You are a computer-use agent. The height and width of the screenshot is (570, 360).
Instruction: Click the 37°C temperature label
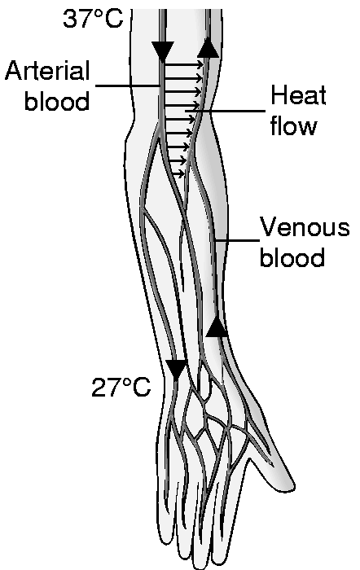(x=93, y=19)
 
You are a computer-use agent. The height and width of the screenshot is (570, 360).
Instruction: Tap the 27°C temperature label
(x=121, y=387)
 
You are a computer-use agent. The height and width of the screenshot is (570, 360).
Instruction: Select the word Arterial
(x=47, y=71)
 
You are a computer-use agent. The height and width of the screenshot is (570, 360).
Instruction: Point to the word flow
(x=293, y=125)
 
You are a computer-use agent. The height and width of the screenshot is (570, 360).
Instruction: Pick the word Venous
(x=305, y=227)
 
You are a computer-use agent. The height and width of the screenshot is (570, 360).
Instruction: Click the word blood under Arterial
(x=57, y=100)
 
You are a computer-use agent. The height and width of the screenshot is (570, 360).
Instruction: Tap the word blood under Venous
(x=292, y=257)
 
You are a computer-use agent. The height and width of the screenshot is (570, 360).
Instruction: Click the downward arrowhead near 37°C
(x=163, y=50)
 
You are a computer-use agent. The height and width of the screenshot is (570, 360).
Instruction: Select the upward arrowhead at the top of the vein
(x=209, y=48)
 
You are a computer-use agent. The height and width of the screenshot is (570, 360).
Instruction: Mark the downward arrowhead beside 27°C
(x=177, y=370)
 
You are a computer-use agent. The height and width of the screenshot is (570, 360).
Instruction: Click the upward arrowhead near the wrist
(x=217, y=327)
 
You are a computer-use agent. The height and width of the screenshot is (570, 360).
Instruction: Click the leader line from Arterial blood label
(x=129, y=85)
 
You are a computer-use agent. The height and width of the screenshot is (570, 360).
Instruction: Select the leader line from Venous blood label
(x=237, y=240)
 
